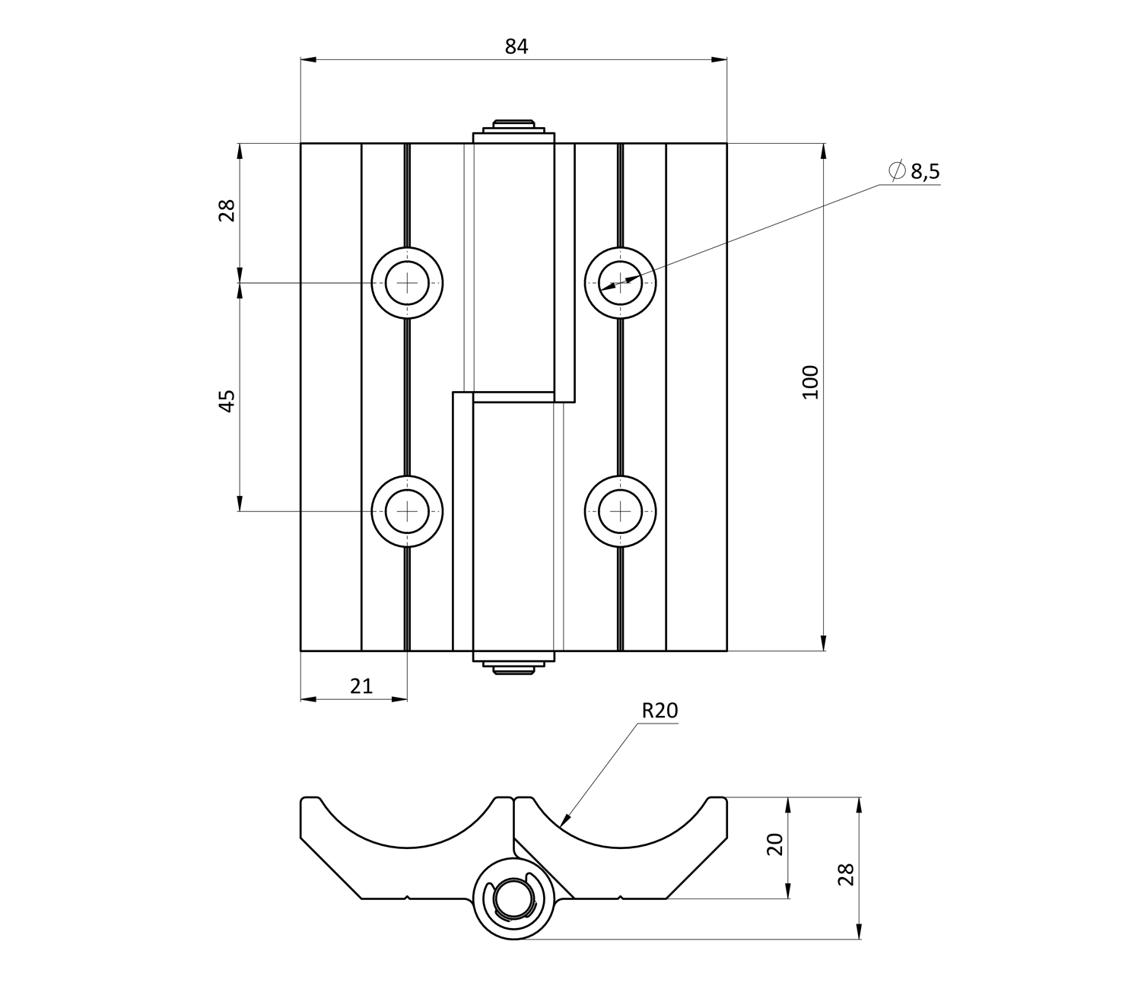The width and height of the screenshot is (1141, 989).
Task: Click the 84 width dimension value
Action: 516,46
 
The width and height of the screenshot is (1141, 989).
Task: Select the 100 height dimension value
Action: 810,382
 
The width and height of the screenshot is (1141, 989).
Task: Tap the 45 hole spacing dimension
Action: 227,400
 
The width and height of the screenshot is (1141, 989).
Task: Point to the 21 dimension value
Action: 361,686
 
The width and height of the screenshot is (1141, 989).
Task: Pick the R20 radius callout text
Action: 659,711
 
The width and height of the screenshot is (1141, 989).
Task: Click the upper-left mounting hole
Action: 407,283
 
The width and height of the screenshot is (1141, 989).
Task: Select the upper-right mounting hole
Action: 620,283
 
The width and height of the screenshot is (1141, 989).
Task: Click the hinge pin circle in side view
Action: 515,898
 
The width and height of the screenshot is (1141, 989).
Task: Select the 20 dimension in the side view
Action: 775,844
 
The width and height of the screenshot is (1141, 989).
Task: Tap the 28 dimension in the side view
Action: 846,874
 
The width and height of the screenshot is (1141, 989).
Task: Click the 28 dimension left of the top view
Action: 227,210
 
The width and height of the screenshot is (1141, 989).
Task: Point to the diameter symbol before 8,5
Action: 897,171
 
